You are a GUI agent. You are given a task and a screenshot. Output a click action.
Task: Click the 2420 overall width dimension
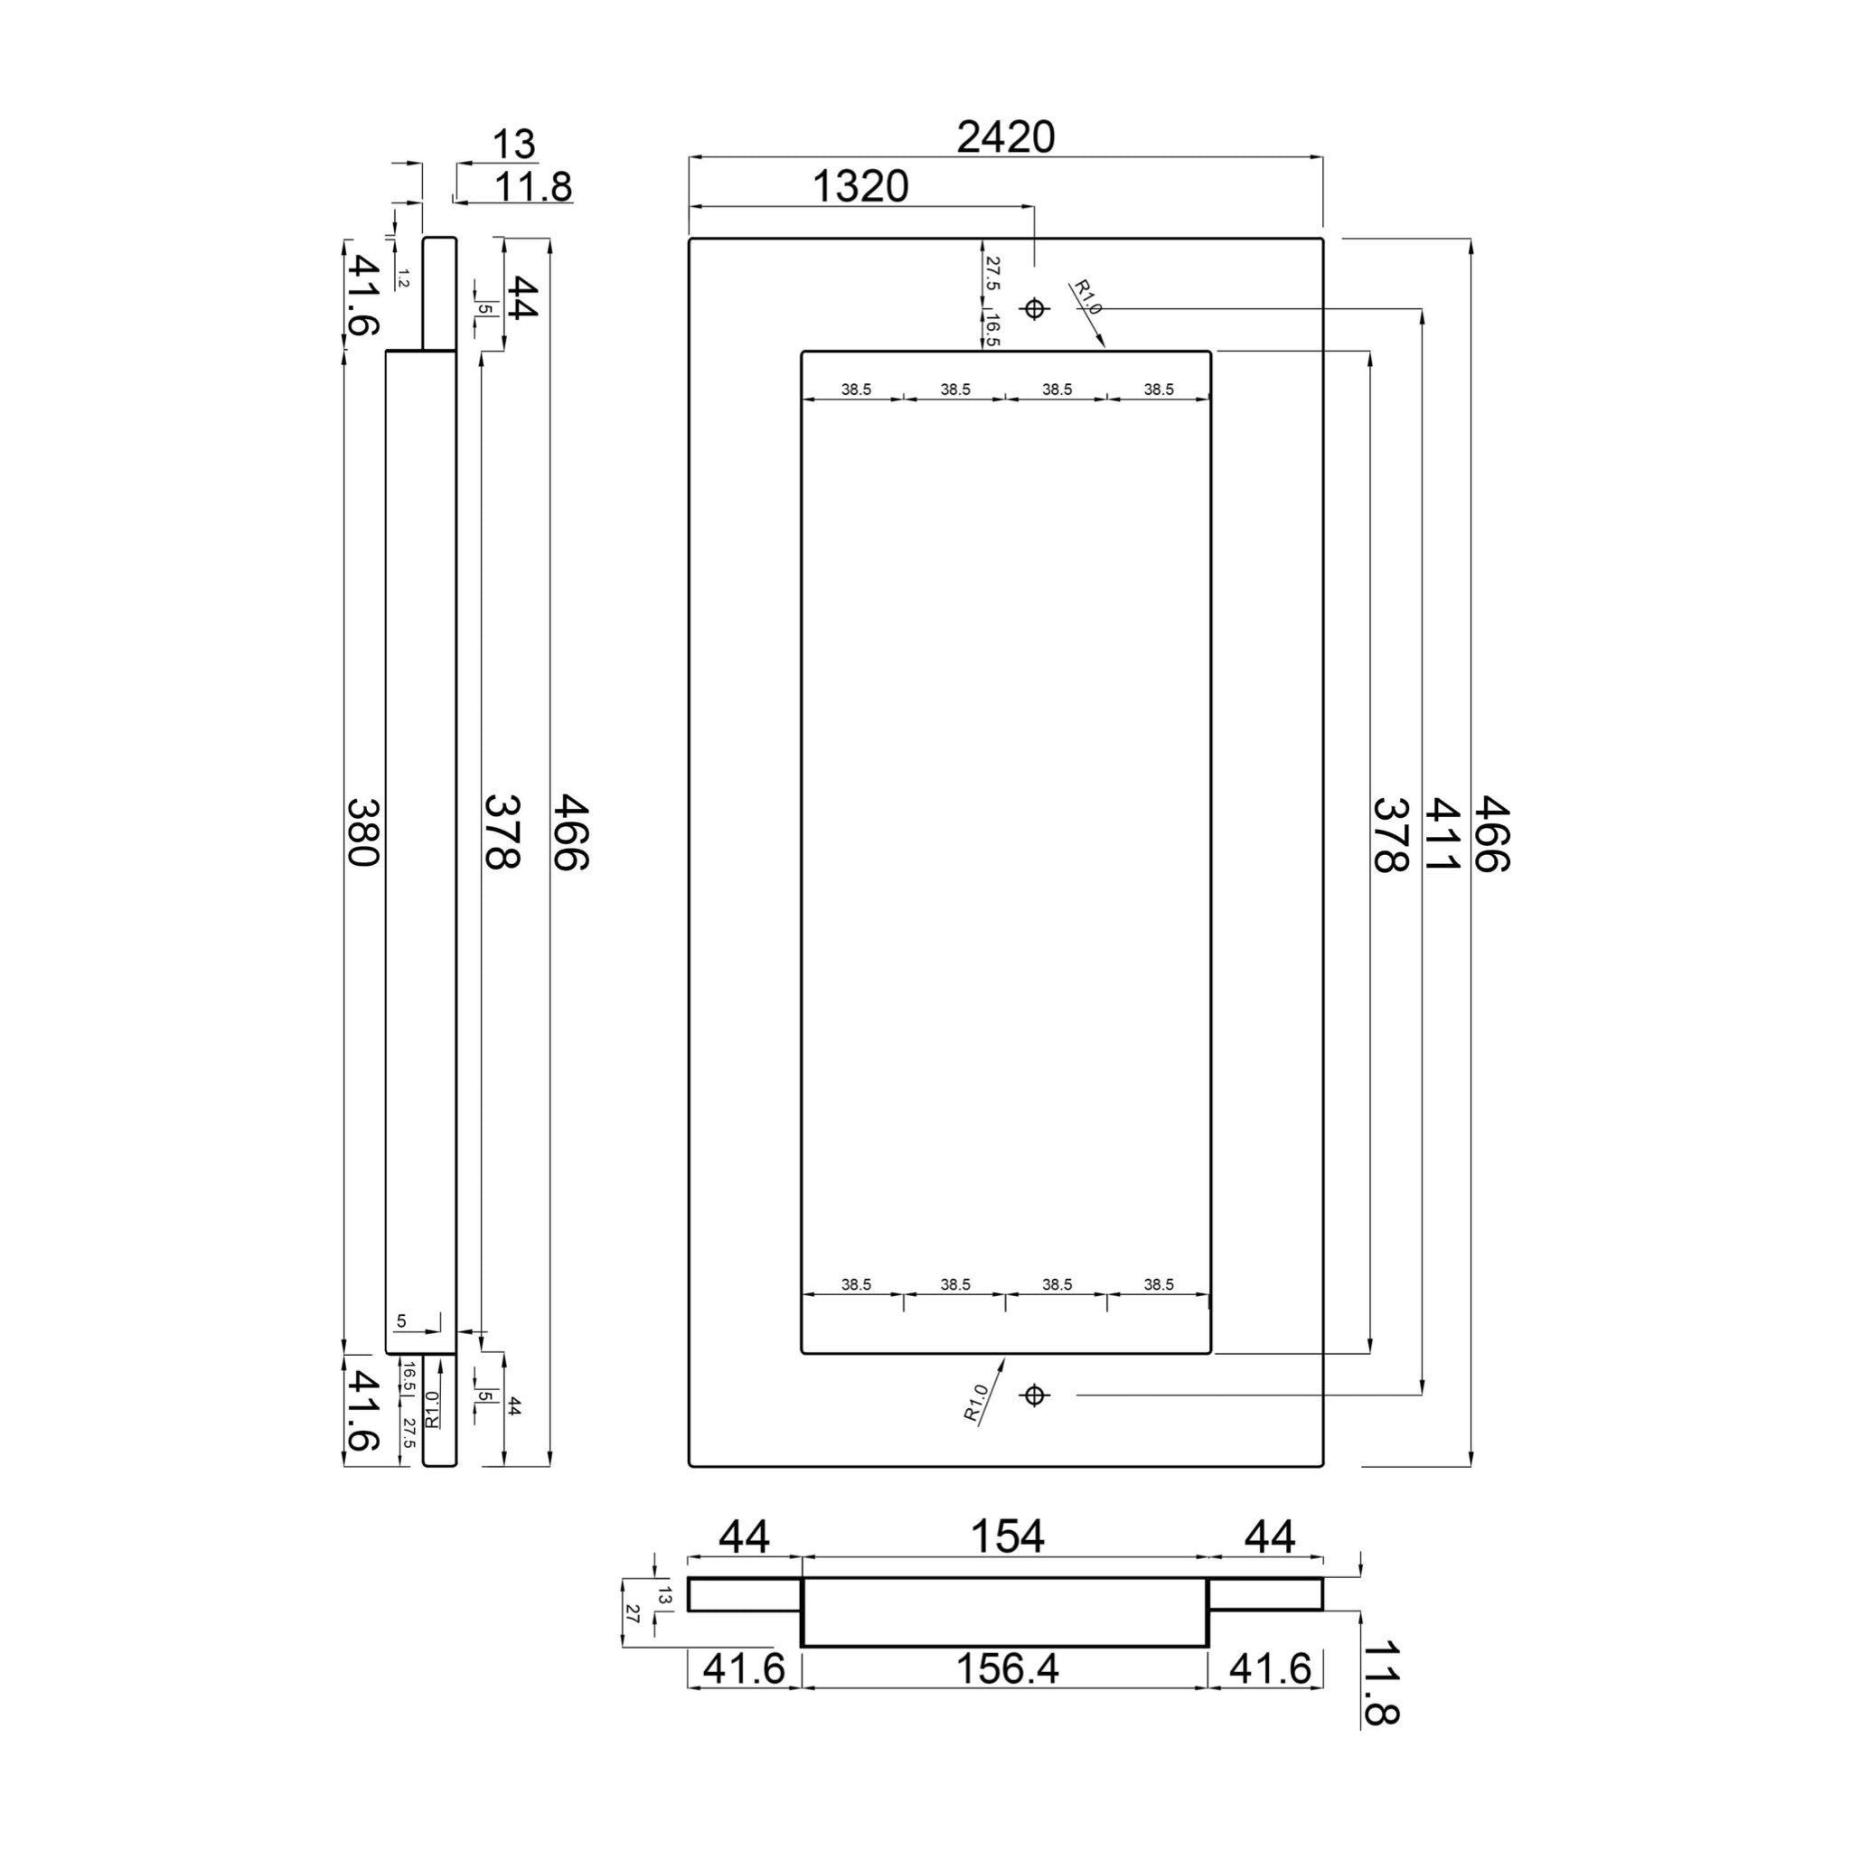1006,138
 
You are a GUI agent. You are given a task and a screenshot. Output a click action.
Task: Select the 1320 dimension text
860,186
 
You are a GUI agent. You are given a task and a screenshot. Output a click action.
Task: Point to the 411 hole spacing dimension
1440,834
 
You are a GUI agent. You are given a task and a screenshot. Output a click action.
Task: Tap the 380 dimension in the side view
362,832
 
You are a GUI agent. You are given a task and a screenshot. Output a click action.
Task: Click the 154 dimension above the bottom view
1007,1564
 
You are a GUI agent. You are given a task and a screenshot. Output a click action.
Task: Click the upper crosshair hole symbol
1034,308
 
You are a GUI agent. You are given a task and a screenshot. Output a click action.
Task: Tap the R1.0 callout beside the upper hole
1086,297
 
